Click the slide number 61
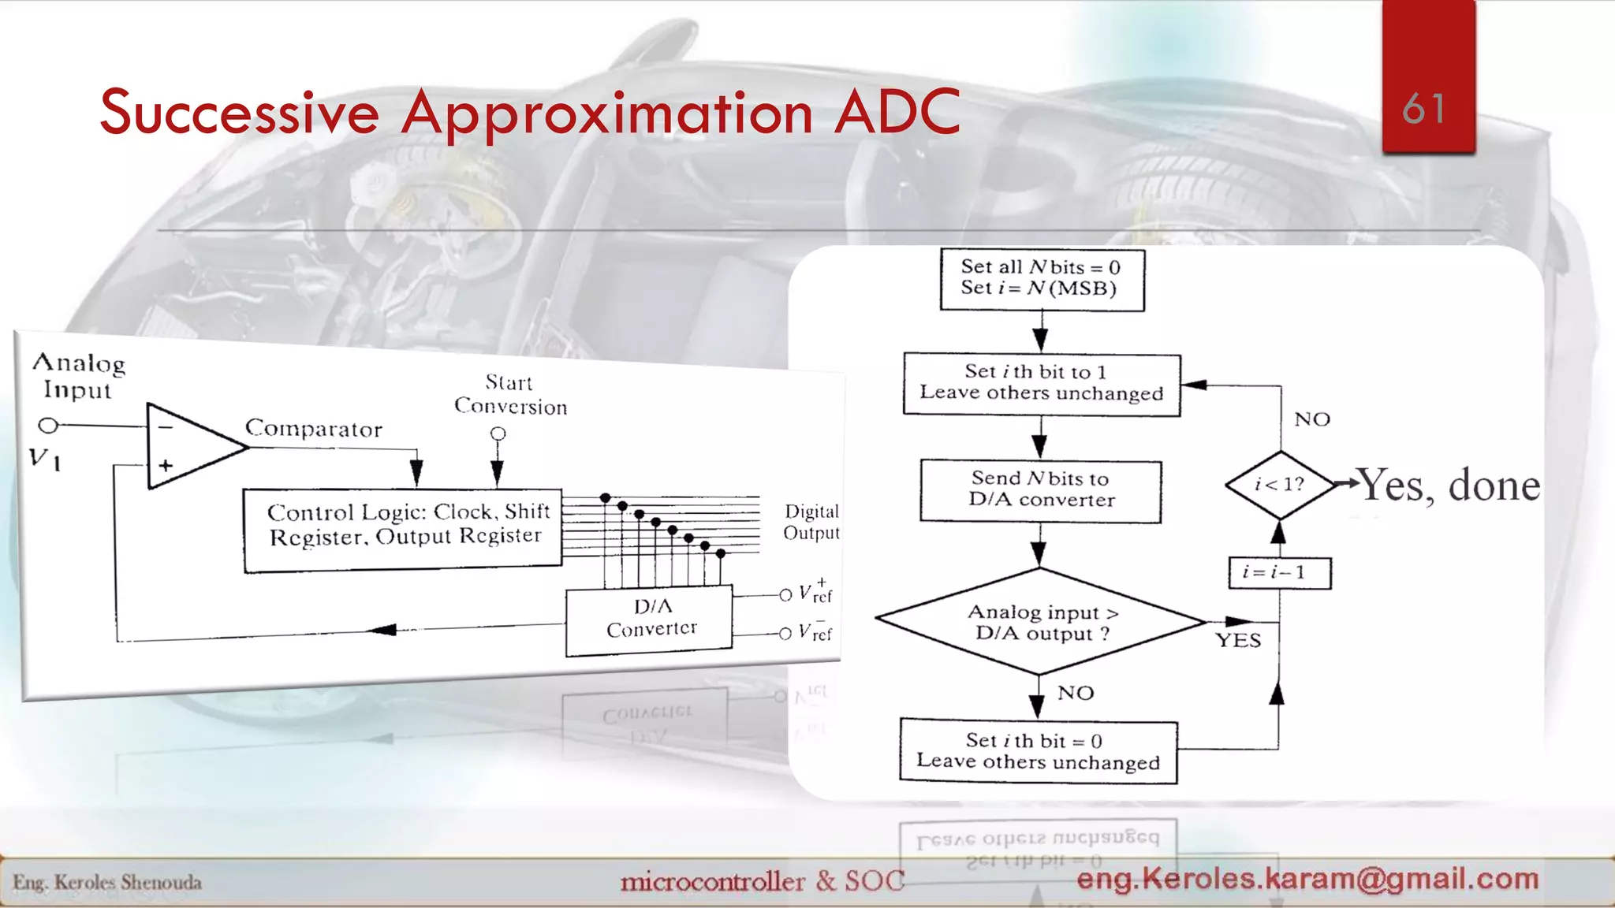click(1424, 109)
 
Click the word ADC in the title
click(897, 113)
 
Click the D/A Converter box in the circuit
click(649, 620)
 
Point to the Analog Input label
click(78, 376)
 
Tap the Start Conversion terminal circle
click(498, 434)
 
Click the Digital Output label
click(811, 522)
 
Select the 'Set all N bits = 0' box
click(1041, 279)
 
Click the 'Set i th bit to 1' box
click(1041, 384)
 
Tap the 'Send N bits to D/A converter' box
click(1041, 490)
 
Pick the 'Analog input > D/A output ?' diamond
click(1040, 622)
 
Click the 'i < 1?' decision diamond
click(1280, 484)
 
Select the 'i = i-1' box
click(1279, 573)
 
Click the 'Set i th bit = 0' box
click(1038, 751)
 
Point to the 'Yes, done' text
click(1449, 485)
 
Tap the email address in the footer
click(1307, 879)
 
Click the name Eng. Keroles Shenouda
click(107, 882)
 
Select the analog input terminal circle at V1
click(48, 426)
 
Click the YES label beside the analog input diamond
click(1238, 641)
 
